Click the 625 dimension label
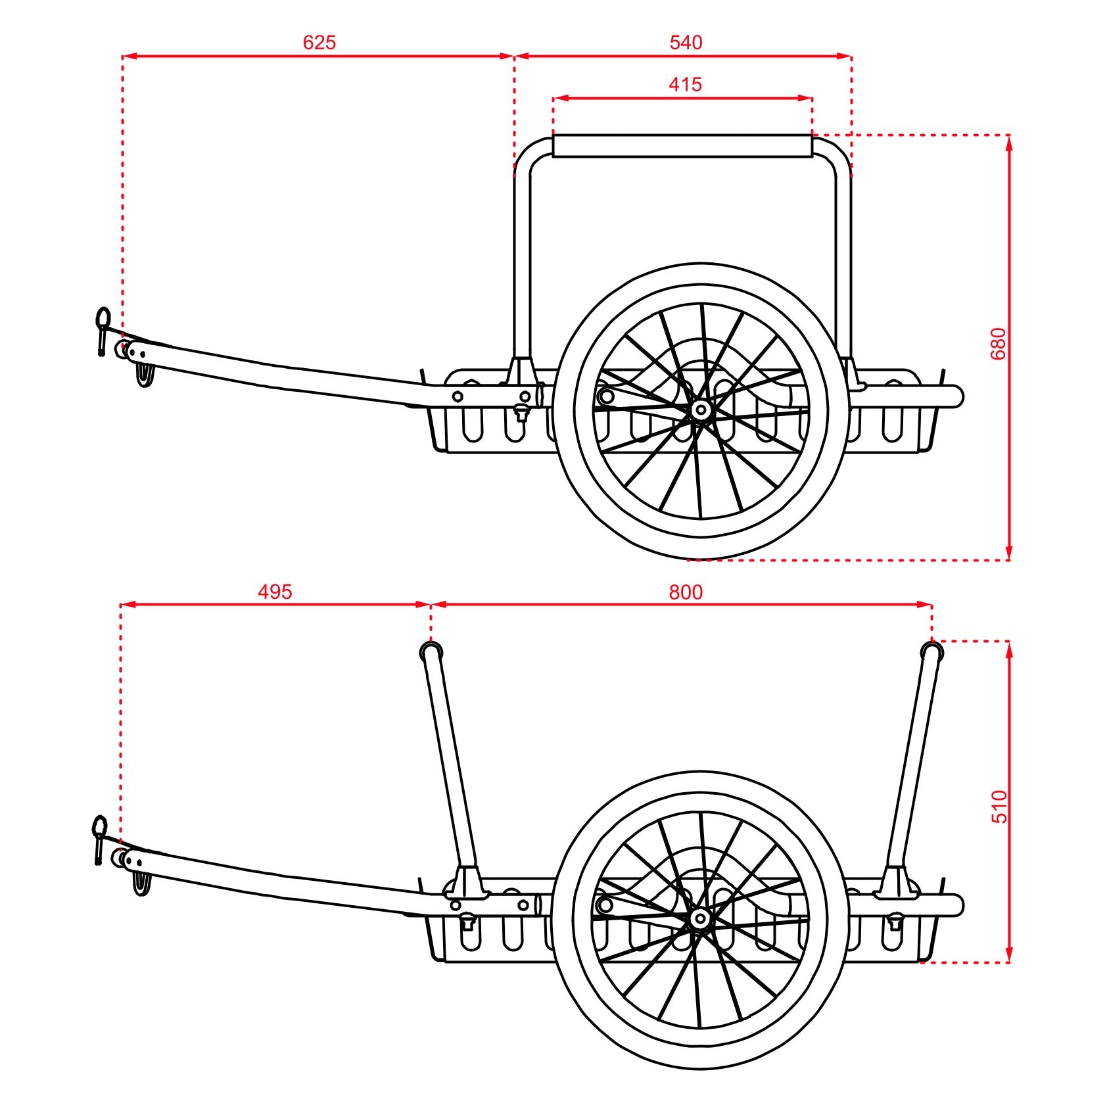319,43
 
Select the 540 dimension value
686,43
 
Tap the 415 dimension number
685,85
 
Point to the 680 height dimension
998,343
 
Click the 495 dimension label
274,592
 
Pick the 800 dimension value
686,593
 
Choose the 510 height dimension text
999,807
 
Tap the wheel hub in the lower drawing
700,919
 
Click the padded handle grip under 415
682,146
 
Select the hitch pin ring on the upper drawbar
103,318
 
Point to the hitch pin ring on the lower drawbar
99,826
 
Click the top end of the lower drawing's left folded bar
431,652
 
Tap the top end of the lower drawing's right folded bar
931,652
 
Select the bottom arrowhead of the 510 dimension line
1009,954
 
